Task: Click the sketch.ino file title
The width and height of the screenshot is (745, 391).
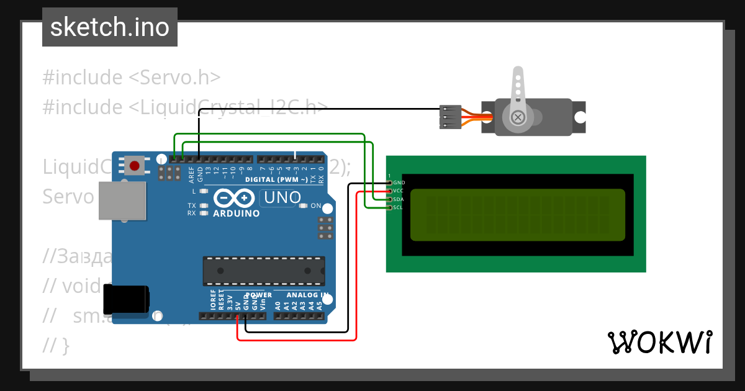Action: [x=109, y=27]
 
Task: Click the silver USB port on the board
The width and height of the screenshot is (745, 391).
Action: [x=122, y=201]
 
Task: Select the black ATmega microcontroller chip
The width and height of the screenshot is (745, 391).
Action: [x=263, y=271]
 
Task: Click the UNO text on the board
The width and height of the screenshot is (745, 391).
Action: [x=282, y=198]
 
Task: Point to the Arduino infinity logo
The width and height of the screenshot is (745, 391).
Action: [x=235, y=199]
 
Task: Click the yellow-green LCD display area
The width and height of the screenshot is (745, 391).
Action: [x=517, y=215]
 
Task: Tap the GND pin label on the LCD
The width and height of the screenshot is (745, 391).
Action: [x=399, y=182]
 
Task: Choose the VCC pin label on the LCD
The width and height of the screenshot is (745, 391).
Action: [x=399, y=191]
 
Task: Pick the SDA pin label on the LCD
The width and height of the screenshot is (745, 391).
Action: [x=399, y=199]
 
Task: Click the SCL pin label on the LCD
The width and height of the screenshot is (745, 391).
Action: [x=399, y=207]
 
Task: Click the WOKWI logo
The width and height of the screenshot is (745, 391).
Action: [x=659, y=342]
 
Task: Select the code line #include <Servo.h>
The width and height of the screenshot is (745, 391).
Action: [x=132, y=78]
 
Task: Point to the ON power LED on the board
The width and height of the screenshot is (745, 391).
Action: [x=315, y=205]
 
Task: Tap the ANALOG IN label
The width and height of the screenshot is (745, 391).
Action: [x=307, y=295]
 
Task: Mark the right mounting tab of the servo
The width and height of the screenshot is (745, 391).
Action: [x=580, y=117]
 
